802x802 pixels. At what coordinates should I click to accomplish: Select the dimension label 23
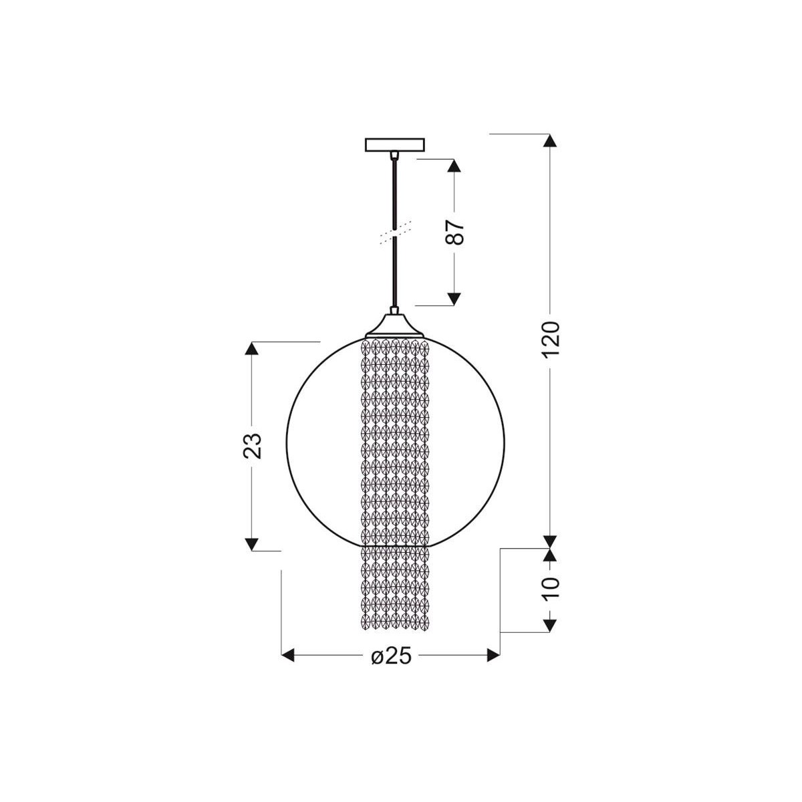point(252,446)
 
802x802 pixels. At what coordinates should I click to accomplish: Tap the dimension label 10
point(551,588)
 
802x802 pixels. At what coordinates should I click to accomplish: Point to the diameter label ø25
point(391,656)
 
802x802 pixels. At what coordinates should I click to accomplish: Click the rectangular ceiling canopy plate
point(394,144)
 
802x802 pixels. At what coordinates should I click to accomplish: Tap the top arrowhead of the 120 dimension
point(550,140)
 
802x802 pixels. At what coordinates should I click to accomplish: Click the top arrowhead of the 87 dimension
point(454,166)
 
